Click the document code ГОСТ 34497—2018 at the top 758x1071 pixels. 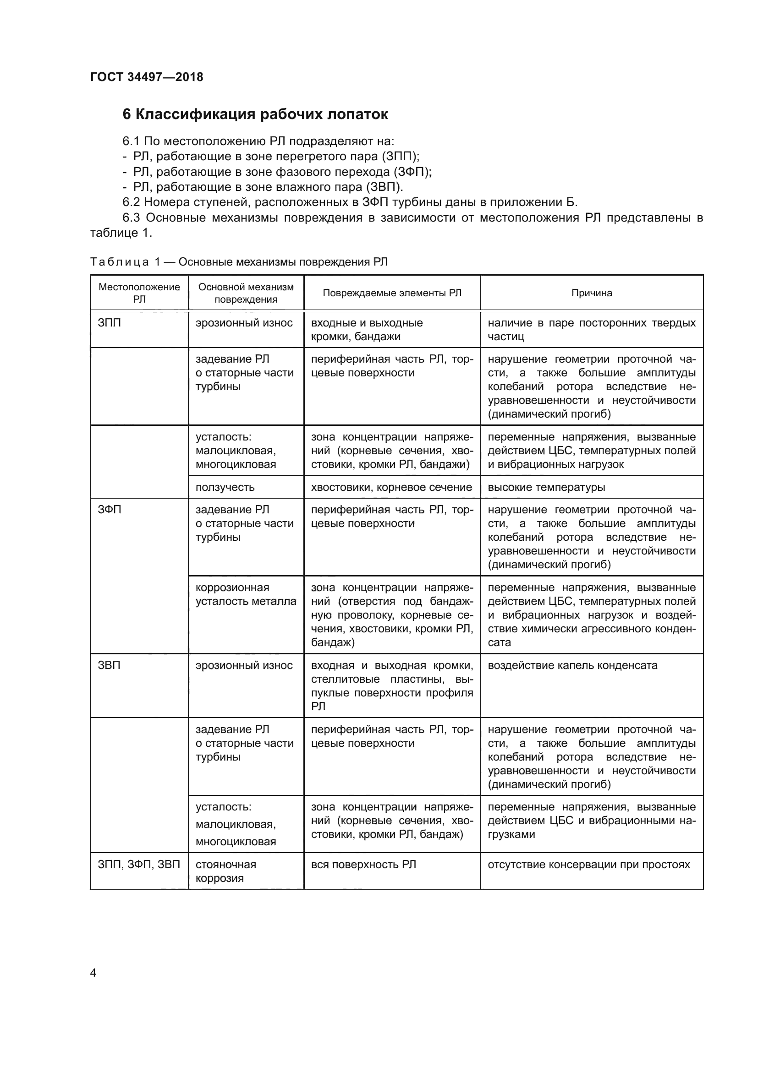[x=147, y=77]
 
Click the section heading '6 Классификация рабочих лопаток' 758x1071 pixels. [x=255, y=114]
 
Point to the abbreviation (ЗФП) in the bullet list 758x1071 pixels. [x=411, y=172]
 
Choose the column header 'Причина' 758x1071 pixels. [x=591, y=293]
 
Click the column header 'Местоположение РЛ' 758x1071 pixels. [x=139, y=293]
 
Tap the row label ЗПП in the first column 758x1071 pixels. [x=109, y=323]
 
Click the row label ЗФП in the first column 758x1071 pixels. [x=109, y=510]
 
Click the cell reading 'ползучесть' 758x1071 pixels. [x=225, y=487]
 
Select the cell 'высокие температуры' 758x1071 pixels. [x=546, y=487]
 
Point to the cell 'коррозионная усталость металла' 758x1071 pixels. [x=246, y=594]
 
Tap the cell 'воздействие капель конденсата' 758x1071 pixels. [x=572, y=665]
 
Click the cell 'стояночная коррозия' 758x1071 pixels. [x=226, y=871]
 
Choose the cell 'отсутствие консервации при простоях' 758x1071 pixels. [x=588, y=865]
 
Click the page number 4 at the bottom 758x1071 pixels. [x=93, y=973]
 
